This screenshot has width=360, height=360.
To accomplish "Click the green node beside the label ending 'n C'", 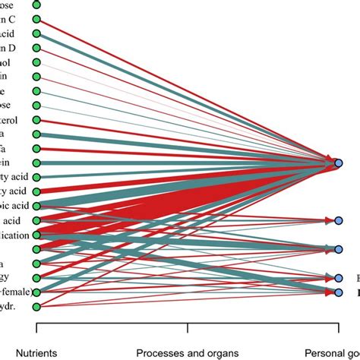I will pyautogui.click(x=36, y=19).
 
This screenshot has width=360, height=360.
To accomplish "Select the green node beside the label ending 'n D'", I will pyautogui.click(x=36, y=49).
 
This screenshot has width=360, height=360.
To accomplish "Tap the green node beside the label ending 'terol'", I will pyautogui.click(x=36, y=120).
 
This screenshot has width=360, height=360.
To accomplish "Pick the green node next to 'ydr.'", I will pyautogui.click(x=36, y=306).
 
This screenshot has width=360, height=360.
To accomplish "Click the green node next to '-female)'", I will pyautogui.click(x=36, y=292).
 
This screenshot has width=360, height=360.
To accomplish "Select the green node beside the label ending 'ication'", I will pyautogui.click(x=36, y=235).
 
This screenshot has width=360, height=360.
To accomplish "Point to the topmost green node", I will pyautogui.click(x=36, y=5).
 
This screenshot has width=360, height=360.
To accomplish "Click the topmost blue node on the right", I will pyautogui.click(x=339, y=163).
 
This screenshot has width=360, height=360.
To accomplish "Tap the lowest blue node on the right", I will pyautogui.click(x=339, y=292).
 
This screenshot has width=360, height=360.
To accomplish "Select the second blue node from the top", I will pyautogui.click(x=339, y=220).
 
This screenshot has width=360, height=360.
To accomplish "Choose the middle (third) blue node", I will pyautogui.click(x=339, y=249).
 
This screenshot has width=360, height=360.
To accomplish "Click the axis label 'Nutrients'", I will pyautogui.click(x=36, y=352).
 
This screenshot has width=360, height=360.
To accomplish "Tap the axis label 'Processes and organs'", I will pyautogui.click(x=187, y=352).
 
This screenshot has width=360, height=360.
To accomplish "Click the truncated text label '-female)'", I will pyautogui.click(x=15, y=292).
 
